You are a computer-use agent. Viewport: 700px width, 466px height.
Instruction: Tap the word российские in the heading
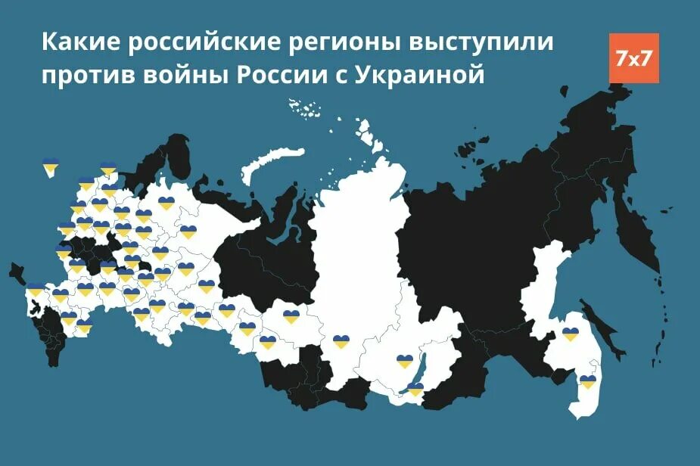pos(185,43)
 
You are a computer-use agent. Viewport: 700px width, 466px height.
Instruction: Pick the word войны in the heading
pos(190,76)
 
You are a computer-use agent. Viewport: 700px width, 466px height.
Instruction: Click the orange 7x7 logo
pos(633,58)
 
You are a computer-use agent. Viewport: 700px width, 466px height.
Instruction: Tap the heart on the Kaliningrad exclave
pos(51,164)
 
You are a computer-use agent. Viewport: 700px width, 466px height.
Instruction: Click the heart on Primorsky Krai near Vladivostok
pos(587,382)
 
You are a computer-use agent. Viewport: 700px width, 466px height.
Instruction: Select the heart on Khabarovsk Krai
pos(571,334)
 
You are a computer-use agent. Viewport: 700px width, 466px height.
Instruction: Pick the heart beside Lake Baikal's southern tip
pos(415,389)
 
